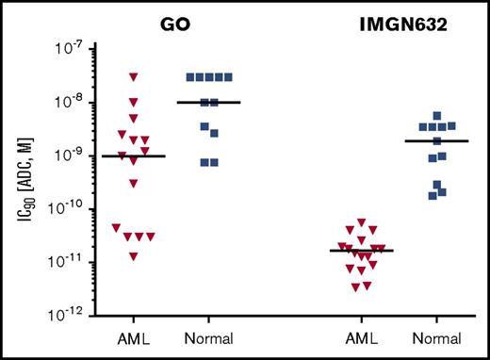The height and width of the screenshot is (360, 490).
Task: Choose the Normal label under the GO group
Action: [x=208, y=337]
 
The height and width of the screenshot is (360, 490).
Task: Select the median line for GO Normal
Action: [x=208, y=102]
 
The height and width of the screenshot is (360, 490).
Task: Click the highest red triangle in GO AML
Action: [x=134, y=76]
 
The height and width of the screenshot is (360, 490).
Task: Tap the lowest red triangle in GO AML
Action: [x=134, y=255]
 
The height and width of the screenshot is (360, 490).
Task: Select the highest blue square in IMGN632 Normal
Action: [x=436, y=116]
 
